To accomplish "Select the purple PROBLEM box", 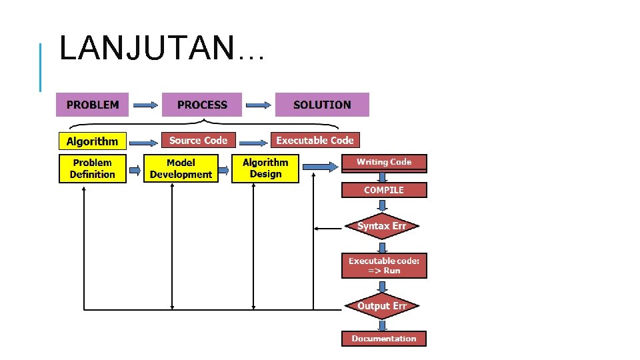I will (93, 105).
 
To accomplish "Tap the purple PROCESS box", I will (202, 105).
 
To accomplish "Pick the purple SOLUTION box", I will (322, 105).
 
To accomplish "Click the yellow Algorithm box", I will (92, 141).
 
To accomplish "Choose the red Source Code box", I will (198, 140).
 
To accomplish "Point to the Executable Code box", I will (315, 140).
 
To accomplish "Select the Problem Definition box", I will (93, 169).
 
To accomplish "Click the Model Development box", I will (181, 169).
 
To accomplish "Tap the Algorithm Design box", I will (265, 169).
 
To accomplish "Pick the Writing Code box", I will (384, 162).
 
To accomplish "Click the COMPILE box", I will (384, 190).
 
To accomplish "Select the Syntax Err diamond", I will (382, 226).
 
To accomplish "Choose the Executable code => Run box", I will (384, 265).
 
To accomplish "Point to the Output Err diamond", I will (382, 306).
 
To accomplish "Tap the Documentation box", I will (384, 339).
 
